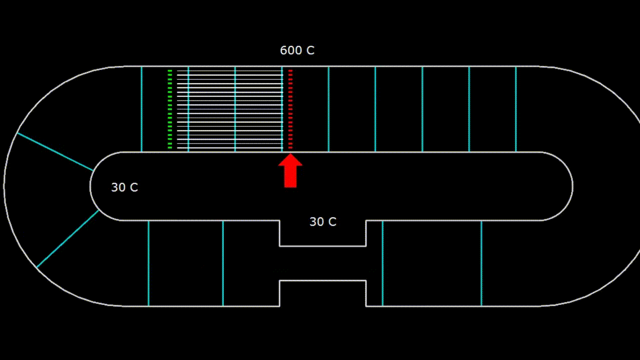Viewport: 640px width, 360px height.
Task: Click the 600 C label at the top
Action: [297, 50]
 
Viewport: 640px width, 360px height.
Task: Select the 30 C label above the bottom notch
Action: [322, 222]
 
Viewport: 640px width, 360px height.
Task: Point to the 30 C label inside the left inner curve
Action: [124, 187]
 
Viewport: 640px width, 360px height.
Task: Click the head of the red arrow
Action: [290, 161]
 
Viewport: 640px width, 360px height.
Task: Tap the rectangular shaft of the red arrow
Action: [290, 177]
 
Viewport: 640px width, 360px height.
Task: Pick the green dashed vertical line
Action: [170, 109]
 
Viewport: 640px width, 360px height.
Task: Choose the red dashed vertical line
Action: [290, 109]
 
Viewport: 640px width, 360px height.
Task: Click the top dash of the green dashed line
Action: [170, 71]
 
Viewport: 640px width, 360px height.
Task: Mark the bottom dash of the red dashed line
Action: [290, 147]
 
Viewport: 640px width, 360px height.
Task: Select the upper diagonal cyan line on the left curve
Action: [55, 151]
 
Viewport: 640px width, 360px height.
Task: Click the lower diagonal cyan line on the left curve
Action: [67, 238]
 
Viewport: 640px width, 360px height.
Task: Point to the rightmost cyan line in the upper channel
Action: [515, 109]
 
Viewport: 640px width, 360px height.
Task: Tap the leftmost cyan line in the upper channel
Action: [141, 109]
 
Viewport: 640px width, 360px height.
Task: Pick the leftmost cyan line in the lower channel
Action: [148, 263]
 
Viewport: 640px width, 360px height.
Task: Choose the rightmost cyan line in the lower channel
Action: [481, 263]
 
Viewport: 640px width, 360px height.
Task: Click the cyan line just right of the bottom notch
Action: [382, 263]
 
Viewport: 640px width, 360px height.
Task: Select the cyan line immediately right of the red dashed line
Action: [328, 109]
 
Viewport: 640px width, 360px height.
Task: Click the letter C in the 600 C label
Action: [310, 50]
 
